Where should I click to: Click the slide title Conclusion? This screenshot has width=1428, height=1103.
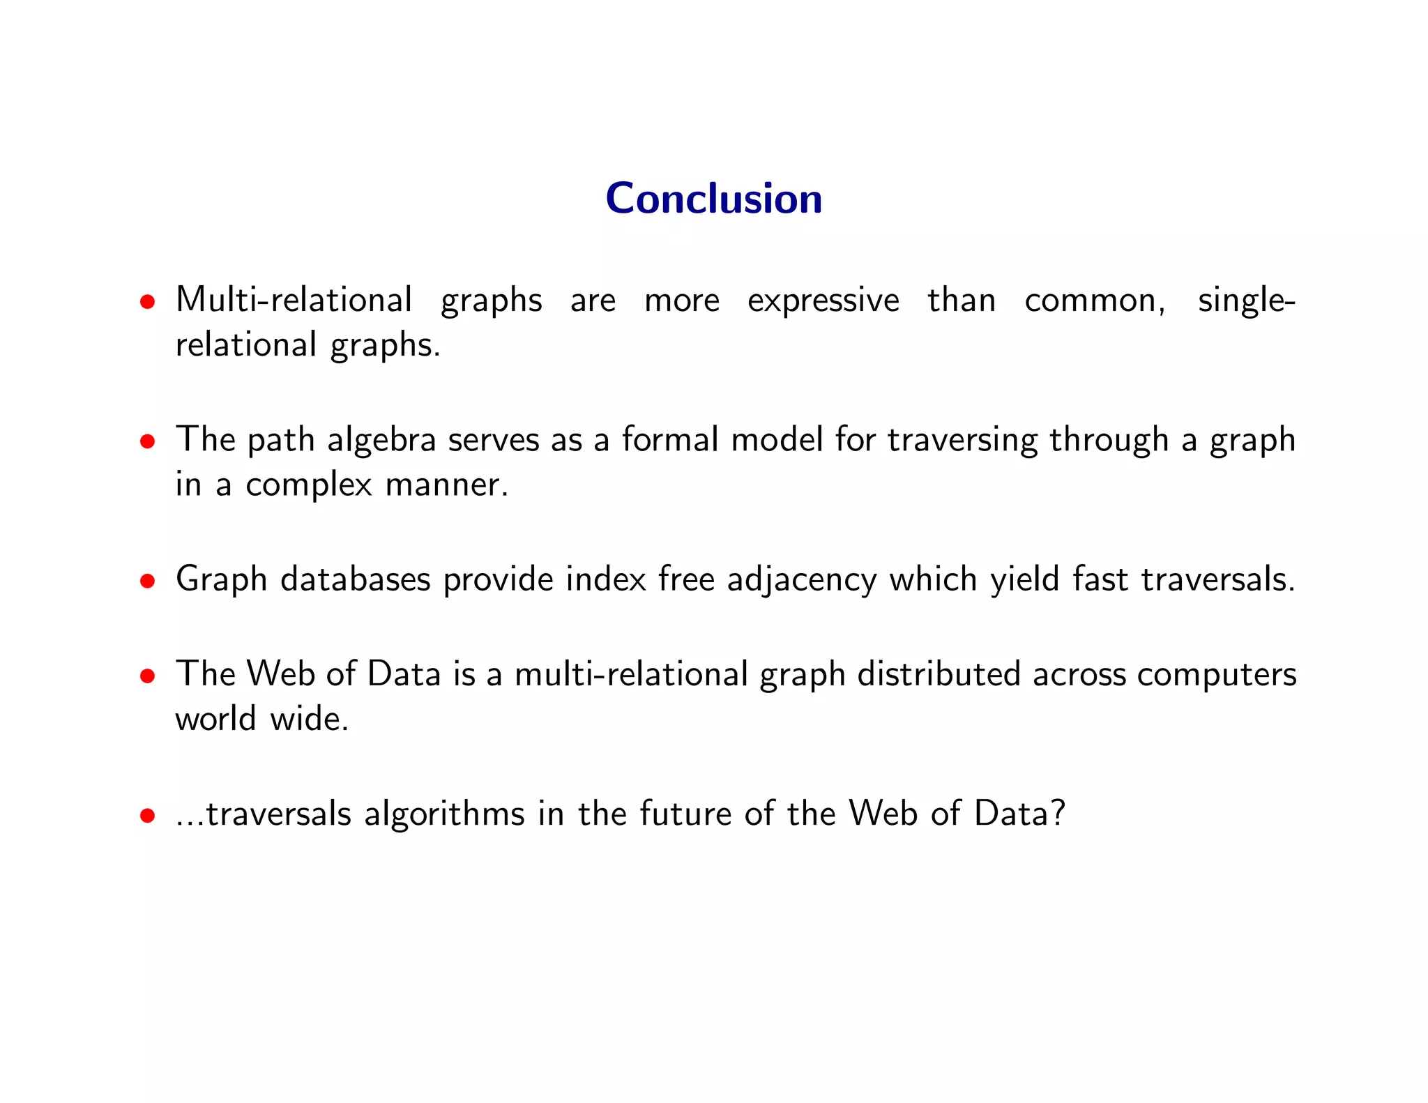tap(713, 199)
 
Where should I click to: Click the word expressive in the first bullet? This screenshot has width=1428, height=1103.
tap(823, 301)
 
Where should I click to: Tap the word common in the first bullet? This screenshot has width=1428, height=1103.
tap(1093, 301)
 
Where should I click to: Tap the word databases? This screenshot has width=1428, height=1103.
tap(355, 579)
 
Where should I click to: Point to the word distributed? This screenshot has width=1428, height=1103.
tap(939, 674)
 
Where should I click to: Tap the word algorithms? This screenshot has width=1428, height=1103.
tap(444, 814)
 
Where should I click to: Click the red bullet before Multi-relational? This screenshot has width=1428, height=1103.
tap(146, 302)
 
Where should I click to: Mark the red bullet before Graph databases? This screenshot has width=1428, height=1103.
tap(146, 581)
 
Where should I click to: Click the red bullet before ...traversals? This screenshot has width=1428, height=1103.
tap(146, 815)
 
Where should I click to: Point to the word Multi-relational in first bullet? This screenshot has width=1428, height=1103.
tap(294, 300)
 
